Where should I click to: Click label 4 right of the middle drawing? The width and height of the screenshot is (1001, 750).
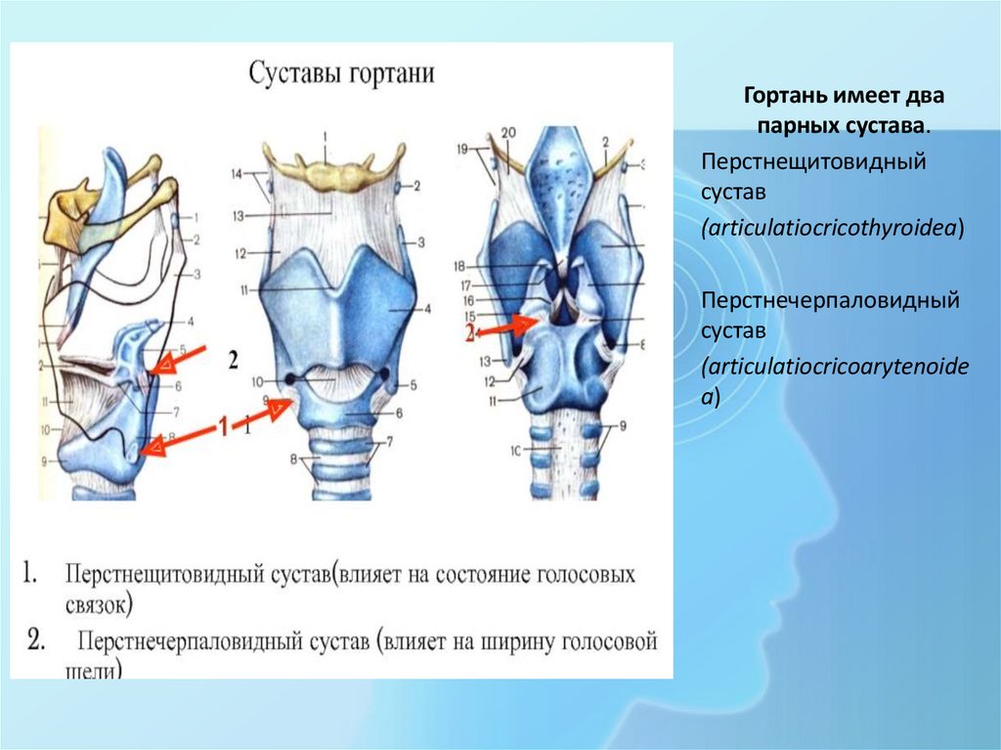click(x=426, y=309)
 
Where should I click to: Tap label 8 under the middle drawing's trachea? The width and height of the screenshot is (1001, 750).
click(x=291, y=459)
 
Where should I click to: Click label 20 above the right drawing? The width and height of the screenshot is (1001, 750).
click(x=507, y=134)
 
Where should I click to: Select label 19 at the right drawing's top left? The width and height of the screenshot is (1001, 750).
click(x=462, y=149)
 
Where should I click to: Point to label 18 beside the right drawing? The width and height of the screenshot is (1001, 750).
click(x=458, y=266)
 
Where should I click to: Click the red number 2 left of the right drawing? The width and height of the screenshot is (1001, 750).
click(x=469, y=333)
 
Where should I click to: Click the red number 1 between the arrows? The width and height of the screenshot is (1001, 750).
click(x=222, y=426)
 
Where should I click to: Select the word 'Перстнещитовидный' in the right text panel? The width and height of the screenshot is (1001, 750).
click(x=812, y=159)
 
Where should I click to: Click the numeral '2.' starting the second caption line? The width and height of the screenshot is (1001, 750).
click(x=36, y=641)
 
